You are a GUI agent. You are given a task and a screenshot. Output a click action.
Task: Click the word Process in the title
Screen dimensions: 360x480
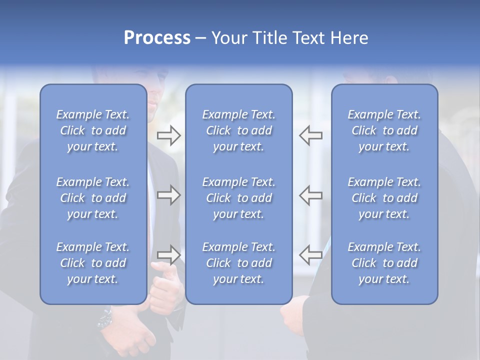tap(157, 38)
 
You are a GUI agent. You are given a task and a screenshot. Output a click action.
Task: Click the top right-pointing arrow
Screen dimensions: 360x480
tap(168, 135)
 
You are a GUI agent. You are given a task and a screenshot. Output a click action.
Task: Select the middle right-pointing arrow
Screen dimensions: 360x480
tap(168, 195)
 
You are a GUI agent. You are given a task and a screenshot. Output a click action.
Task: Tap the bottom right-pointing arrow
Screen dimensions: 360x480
tap(168, 254)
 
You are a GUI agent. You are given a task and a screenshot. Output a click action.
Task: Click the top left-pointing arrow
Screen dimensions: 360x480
tap(311, 135)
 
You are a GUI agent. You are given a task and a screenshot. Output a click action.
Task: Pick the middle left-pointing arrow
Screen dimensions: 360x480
tap(311, 195)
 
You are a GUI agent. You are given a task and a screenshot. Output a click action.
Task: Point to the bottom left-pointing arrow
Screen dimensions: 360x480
tap(311, 254)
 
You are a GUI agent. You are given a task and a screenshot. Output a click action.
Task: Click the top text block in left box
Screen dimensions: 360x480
tap(93, 130)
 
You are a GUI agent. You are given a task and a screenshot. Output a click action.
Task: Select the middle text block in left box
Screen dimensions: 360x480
tap(93, 198)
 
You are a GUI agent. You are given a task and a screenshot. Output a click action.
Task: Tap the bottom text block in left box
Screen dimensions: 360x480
tap(93, 263)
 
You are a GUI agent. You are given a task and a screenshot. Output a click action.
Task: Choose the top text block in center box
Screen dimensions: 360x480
tap(238, 130)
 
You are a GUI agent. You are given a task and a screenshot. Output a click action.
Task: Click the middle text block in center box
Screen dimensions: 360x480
tap(238, 198)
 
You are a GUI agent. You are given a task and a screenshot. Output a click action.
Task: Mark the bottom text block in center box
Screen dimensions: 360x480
tap(238, 263)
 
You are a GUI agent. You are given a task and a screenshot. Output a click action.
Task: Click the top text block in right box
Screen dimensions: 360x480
tap(384, 130)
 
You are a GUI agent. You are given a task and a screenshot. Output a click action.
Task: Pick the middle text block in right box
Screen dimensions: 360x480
tap(384, 198)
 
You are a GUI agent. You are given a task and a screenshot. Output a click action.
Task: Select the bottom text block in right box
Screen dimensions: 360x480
tap(384, 263)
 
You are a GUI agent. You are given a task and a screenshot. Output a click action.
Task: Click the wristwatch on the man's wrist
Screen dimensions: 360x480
tap(105, 317)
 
